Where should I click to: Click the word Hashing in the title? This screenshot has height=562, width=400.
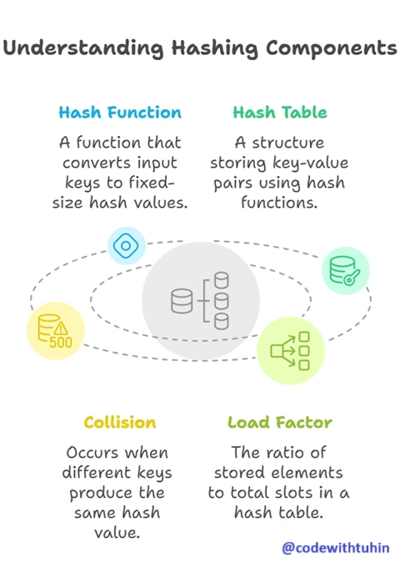[214, 48]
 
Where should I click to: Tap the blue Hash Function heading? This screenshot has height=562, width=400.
[120, 113]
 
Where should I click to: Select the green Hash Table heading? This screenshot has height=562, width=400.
[280, 113]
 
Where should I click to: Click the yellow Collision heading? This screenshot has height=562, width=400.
[120, 422]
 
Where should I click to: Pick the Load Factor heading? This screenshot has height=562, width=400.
[280, 422]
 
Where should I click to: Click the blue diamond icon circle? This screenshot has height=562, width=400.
[126, 246]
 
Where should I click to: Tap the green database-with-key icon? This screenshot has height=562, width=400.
[345, 271]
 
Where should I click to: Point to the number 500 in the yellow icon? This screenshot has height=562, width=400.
[61, 343]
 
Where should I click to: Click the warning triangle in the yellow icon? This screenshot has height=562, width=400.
[61, 328]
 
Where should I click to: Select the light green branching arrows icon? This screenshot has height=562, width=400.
[290, 351]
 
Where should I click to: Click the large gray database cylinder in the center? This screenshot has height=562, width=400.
[182, 301]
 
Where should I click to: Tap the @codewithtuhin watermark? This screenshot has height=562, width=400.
[336, 548]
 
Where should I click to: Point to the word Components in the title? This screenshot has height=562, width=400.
[331, 48]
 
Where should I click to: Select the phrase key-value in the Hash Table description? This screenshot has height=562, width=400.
[310, 163]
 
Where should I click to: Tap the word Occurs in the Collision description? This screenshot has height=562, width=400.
[87, 453]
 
